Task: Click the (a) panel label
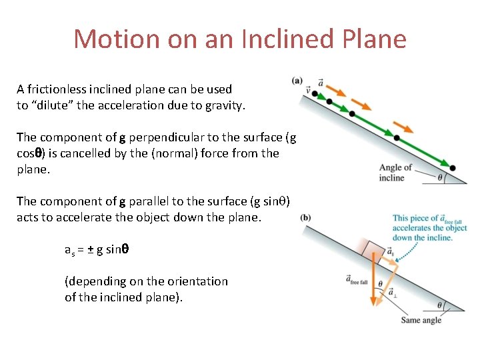pyautogui.click(x=297, y=81)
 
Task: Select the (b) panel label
pyautogui.click(x=305, y=217)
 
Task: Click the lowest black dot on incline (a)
pyautogui.click(x=453, y=168)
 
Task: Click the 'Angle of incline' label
pyautogui.click(x=395, y=173)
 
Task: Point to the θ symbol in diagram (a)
pyautogui.click(x=440, y=177)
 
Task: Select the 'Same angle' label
pyautogui.click(x=421, y=320)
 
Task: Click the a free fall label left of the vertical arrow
pyautogui.click(x=357, y=280)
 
